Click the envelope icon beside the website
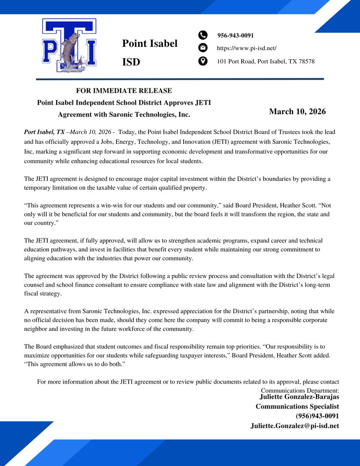tap(203, 48)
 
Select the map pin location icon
tap(203, 61)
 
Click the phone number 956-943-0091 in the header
tap(235, 35)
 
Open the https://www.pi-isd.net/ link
tap(246, 48)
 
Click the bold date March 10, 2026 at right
tap(297, 111)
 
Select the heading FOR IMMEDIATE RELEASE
tap(124, 91)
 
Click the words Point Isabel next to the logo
tap(149, 44)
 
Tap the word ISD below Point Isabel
tap(131, 62)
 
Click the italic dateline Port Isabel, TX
tap(44, 132)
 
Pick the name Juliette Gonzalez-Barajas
tap(299, 397)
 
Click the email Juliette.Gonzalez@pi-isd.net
tap(294, 426)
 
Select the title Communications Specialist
tap(297, 406)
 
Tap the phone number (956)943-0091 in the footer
tap(317, 416)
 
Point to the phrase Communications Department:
tap(299, 390)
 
